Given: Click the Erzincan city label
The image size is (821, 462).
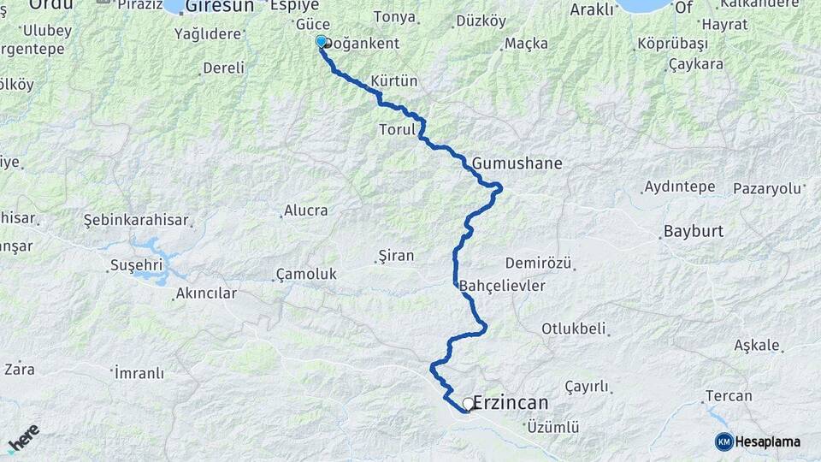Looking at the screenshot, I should coord(511,402).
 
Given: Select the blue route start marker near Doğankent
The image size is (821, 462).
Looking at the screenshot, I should coord(321,41).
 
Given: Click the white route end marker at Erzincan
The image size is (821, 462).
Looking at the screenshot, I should coord(468,403).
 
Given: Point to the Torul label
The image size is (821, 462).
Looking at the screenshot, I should coord(396,131).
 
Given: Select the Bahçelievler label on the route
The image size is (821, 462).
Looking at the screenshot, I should coord(502,286).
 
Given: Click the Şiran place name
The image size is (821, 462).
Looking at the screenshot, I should coord(395,255).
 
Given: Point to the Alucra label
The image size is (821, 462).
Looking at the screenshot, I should coord(306,210).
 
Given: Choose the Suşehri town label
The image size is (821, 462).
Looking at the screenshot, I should coord(137,265).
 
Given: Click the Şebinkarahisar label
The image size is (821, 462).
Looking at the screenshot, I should coord(136,220).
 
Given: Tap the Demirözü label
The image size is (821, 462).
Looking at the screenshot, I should coord(538,263).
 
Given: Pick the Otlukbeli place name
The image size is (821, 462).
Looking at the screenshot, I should coord(573,329).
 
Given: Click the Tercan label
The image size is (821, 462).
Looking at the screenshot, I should coord(729,396).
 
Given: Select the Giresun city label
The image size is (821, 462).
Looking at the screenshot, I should coord(220,6).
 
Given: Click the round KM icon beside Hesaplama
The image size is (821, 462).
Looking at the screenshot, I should coord(724,441).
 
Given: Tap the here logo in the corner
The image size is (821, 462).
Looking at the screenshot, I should coord(23,438).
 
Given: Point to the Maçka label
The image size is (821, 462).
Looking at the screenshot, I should coord(526,43).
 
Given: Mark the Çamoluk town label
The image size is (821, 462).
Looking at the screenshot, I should coord(306,275).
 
